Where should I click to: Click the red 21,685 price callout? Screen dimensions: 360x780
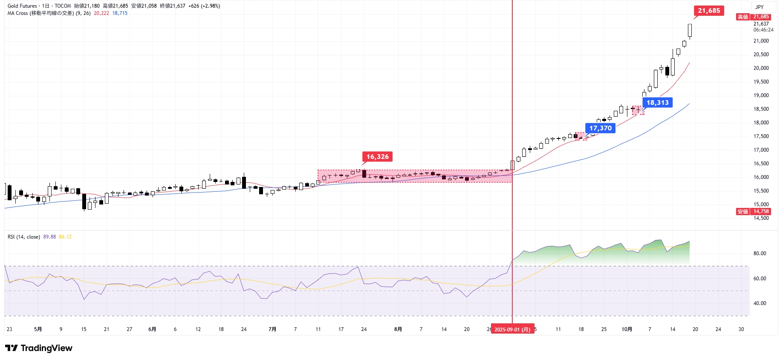tap(709, 11)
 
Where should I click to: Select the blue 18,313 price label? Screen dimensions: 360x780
tap(658, 103)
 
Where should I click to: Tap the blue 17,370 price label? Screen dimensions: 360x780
tap(600, 128)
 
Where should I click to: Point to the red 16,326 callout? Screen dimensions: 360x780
tap(377, 157)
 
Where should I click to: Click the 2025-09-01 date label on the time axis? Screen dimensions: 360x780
tap(512, 329)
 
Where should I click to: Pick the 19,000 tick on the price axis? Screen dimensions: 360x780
tap(761, 95)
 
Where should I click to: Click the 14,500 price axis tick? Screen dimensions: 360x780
tap(761, 218)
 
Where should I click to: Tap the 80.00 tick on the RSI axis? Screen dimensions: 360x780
tap(760, 253)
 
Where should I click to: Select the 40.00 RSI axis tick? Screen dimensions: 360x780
tap(760, 303)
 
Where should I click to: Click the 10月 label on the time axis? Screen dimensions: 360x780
tap(627, 329)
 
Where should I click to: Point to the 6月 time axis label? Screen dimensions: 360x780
tap(152, 329)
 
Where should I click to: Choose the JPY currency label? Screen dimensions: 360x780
tap(760, 7)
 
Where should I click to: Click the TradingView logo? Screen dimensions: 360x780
tap(39, 348)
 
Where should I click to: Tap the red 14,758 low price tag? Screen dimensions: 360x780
tap(761, 211)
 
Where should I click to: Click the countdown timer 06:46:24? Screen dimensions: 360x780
tap(763, 30)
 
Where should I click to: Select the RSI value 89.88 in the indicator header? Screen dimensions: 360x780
tap(49, 237)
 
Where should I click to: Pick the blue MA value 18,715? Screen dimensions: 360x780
tap(120, 13)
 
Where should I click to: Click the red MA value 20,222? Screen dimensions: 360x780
tap(101, 13)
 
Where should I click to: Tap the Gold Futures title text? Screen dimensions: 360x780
tap(22, 6)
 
